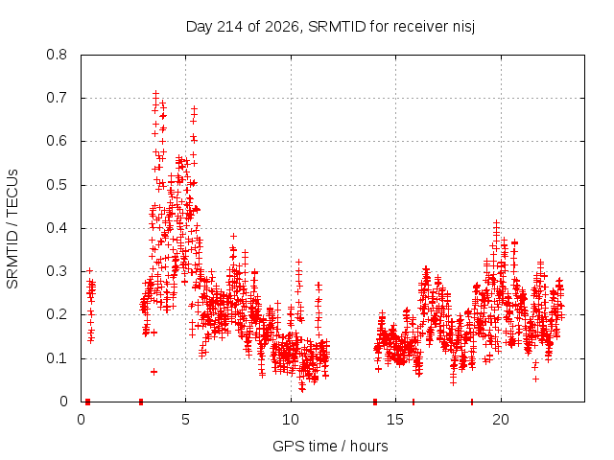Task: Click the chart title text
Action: tap(330, 27)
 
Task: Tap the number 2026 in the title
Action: tap(281, 27)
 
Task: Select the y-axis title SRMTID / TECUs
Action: tap(12, 229)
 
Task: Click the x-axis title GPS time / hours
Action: tap(330, 446)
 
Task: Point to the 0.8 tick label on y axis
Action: tap(57, 55)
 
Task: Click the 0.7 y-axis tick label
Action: tap(57, 98)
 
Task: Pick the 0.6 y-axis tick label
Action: tap(57, 141)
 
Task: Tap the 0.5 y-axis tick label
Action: tap(57, 185)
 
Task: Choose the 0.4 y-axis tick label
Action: tap(57, 228)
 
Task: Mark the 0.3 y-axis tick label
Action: tap(57, 271)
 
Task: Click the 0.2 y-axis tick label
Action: tap(57, 314)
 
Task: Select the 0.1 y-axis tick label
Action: tap(57, 357)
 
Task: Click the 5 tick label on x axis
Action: tap(185, 420)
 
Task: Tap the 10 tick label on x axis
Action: tap(291, 420)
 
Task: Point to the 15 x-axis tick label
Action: tap(395, 420)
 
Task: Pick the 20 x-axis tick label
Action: tap(501, 420)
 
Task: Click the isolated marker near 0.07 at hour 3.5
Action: tap(153, 372)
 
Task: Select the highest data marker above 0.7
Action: tap(155, 94)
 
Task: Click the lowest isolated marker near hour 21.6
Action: tap(535, 379)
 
